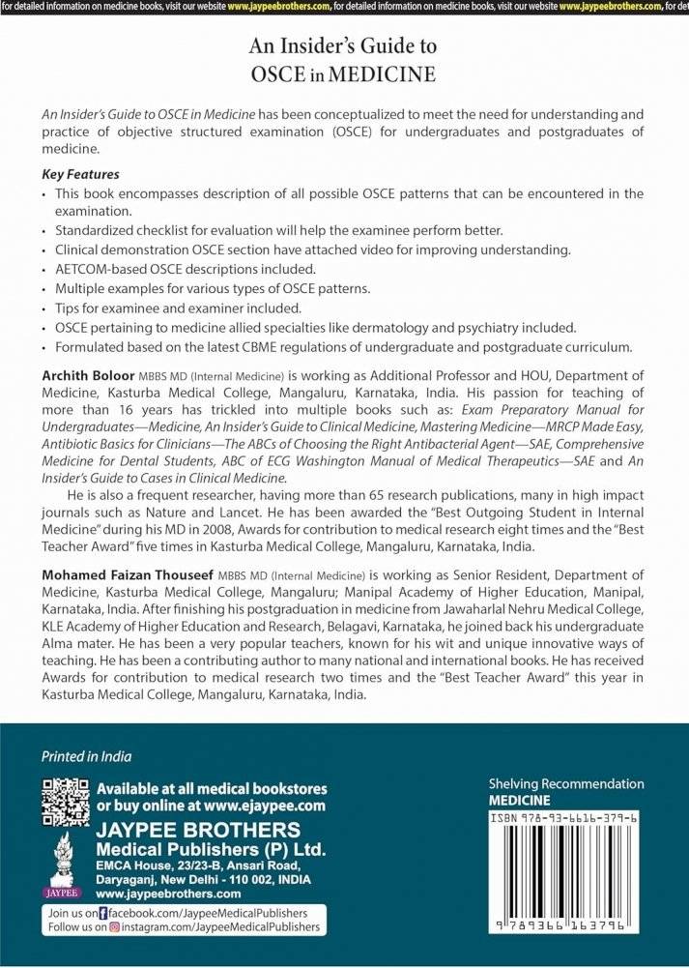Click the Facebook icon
tap(104, 912)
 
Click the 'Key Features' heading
tap(80, 175)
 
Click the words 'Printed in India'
tap(86, 756)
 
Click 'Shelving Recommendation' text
tap(566, 783)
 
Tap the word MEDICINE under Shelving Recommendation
tap(519, 800)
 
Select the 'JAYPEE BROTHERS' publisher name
tap(198, 831)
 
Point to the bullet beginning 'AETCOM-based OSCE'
tap(185, 269)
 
